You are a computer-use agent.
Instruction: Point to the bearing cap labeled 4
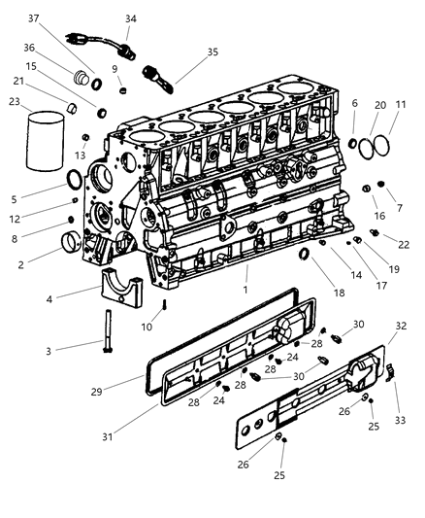click(121, 288)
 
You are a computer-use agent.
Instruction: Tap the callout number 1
click(247, 289)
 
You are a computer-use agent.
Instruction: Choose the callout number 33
click(400, 420)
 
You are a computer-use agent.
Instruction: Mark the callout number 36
click(30, 48)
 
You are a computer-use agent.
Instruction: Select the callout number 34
click(131, 17)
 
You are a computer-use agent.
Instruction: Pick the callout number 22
click(403, 244)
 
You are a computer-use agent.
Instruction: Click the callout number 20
click(379, 104)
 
